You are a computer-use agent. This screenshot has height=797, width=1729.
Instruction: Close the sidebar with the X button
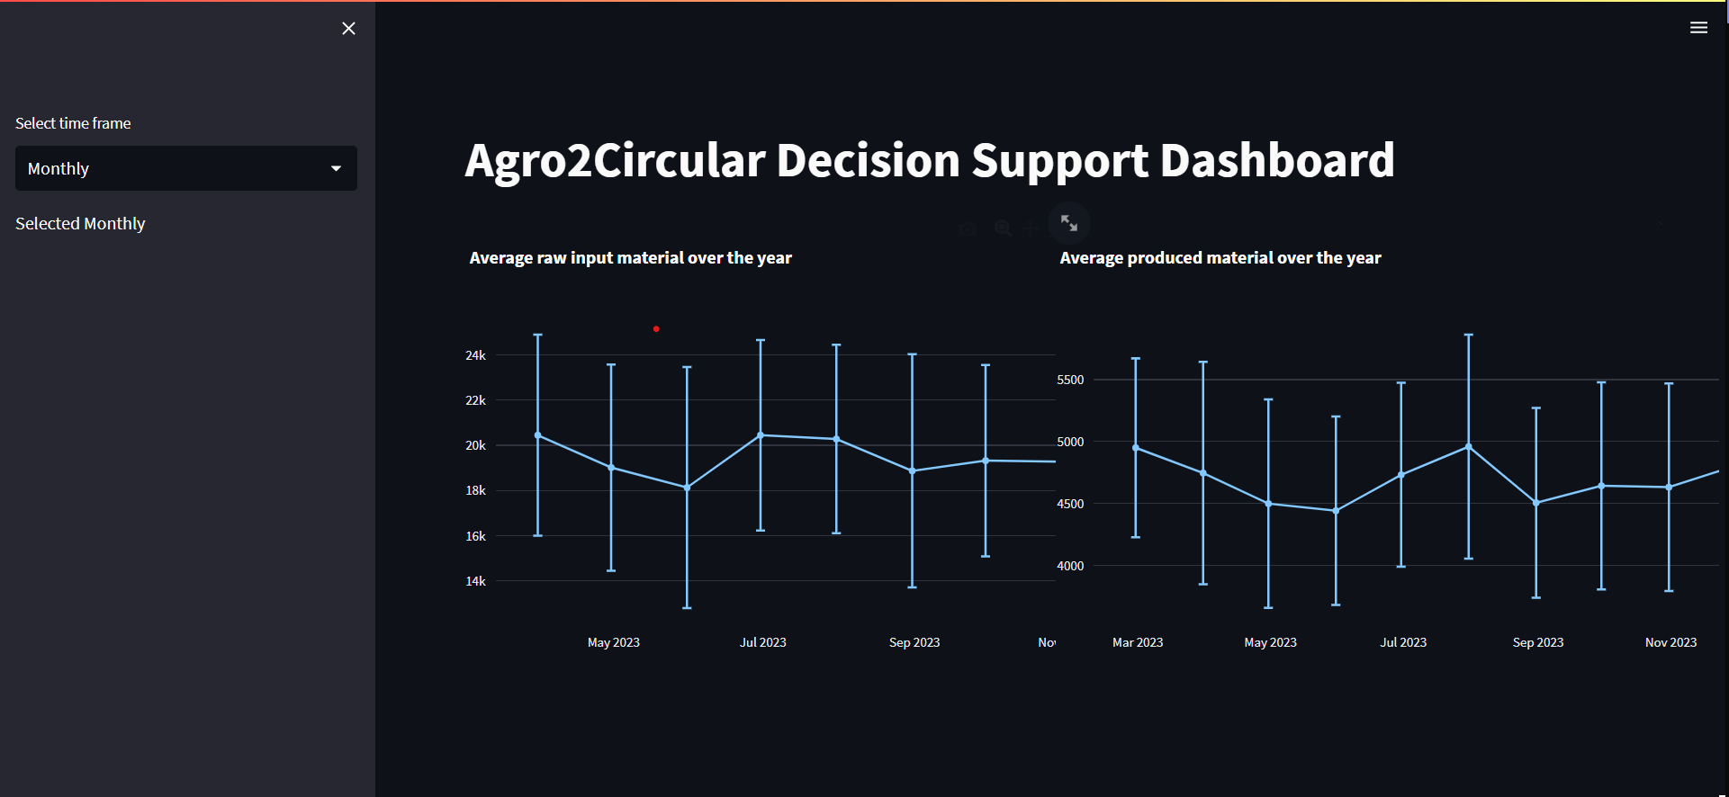point(348,29)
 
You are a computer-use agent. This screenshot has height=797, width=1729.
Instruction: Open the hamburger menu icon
point(1698,28)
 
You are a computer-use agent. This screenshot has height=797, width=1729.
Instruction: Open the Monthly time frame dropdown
point(186,168)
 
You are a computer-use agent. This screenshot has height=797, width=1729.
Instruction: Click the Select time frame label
point(73,123)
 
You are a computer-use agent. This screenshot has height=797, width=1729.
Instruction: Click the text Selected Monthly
point(80,223)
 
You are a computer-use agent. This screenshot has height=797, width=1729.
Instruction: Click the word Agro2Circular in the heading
point(615,160)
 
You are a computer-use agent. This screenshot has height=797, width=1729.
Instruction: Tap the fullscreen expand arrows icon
point(1069,223)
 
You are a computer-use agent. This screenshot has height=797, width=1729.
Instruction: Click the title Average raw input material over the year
point(631,258)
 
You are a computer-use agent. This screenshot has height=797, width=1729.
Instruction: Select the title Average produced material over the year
point(1220,258)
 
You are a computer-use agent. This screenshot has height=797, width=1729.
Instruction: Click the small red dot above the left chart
point(656,329)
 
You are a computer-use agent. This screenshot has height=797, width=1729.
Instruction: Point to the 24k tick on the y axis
point(475,355)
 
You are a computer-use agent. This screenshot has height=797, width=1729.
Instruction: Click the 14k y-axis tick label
point(475,581)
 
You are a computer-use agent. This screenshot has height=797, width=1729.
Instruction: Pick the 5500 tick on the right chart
point(1070,380)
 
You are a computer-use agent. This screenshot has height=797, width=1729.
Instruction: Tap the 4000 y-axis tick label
point(1070,566)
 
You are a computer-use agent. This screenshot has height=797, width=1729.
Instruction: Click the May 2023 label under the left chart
point(614,642)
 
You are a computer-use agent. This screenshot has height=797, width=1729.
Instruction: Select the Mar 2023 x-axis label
point(1138,642)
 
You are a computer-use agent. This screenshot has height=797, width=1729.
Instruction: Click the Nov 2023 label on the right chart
point(1670,642)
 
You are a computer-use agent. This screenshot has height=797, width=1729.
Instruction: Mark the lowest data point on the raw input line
point(687,488)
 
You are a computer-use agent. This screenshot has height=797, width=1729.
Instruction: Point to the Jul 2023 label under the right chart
point(1403,642)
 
